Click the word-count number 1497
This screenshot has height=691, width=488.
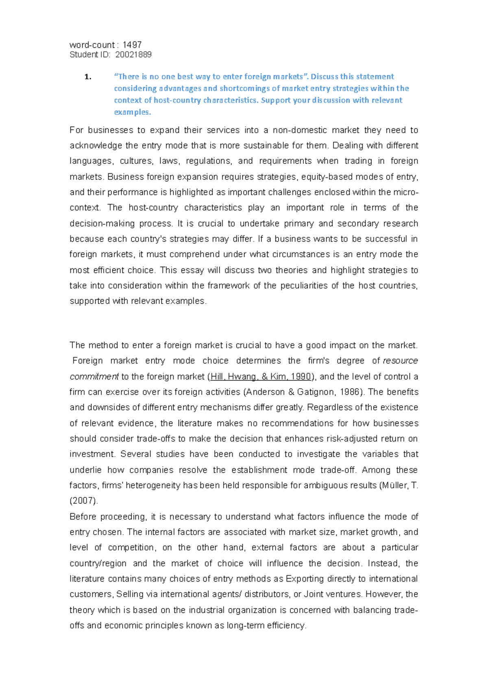click(132, 45)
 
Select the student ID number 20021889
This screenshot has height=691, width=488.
click(133, 55)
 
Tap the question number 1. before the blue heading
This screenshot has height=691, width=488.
click(88, 77)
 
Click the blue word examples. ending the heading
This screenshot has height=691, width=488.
click(133, 112)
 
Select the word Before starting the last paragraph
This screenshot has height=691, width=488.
click(82, 517)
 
